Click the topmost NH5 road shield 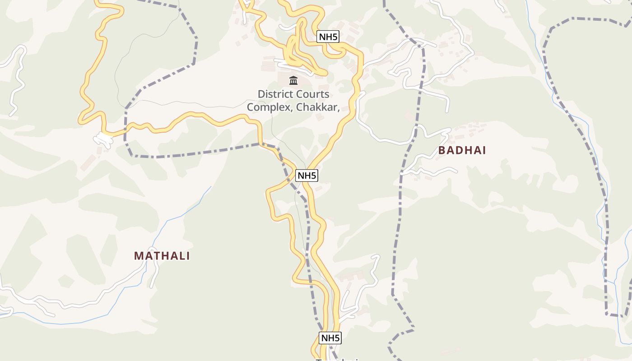(x=328, y=37)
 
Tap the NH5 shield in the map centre (x=307, y=176)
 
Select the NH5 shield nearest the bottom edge (x=330, y=338)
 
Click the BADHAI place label (x=462, y=151)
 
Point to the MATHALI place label (x=162, y=256)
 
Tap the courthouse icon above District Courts (x=293, y=81)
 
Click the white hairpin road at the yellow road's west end (x=103, y=140)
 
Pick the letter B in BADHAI (x=442, y=151)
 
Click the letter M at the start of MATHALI (x=138, y=256)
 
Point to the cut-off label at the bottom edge (x=339, y=360)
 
